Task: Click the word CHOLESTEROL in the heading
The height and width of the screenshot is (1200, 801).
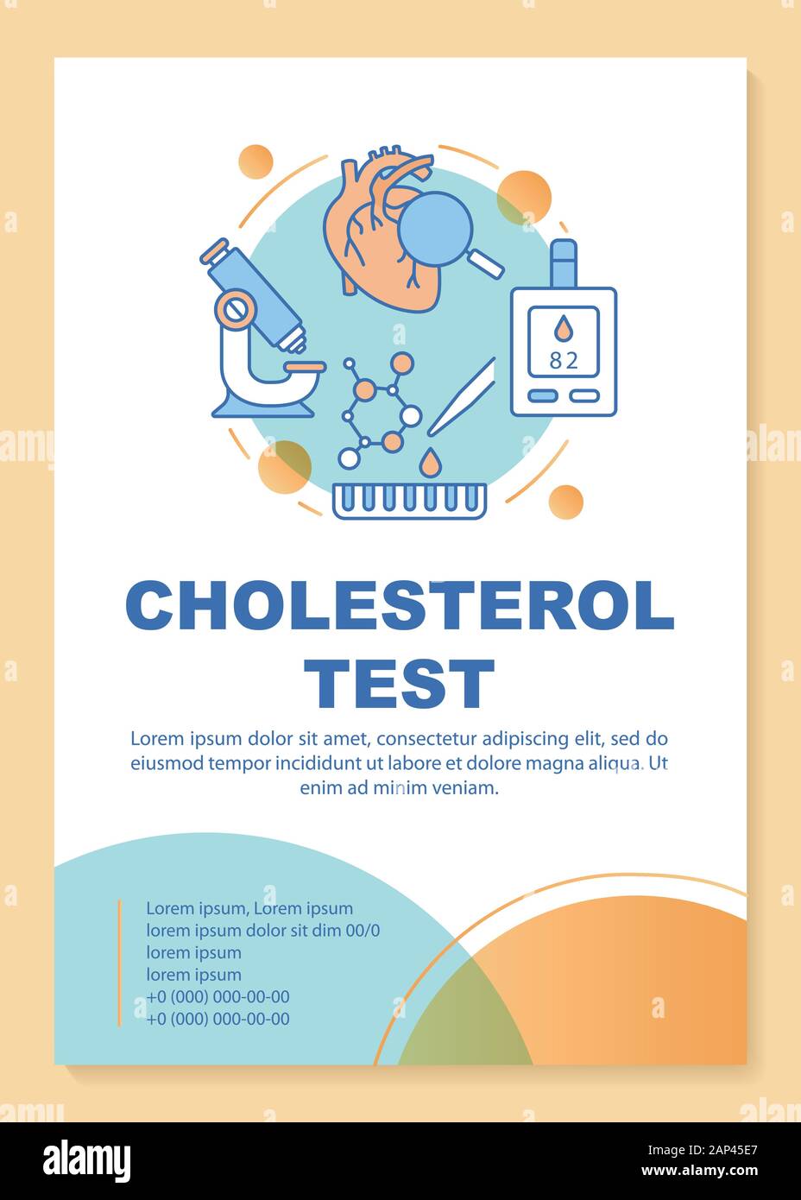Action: (400, 606)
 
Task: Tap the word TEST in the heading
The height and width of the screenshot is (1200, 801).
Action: (403, 683)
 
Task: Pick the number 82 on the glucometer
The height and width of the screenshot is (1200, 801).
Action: (563, 360)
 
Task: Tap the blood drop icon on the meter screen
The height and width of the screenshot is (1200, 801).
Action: (563, 328)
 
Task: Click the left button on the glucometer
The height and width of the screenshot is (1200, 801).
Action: (542, 395)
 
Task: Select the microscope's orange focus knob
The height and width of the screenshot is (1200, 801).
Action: (235, 307)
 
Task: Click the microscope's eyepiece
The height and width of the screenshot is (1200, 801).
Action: (216, 251)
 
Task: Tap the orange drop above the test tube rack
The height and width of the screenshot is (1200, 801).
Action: (428, 464)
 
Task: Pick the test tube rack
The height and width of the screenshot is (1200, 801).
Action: (410, 501)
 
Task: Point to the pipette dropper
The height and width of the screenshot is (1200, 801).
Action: (461, 398)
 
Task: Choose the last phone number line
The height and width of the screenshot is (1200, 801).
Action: (218, 1019)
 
